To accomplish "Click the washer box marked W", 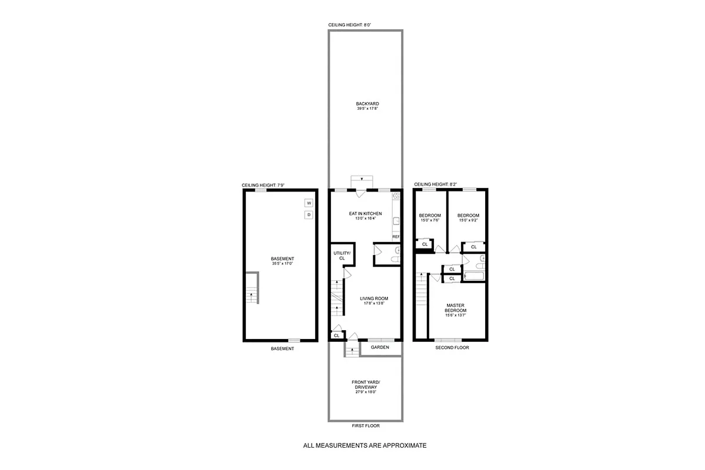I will [309, 203].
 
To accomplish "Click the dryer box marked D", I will [309, 215].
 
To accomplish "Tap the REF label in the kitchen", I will [396, 237].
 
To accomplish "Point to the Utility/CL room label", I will [342, 256].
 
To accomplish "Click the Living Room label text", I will [374, 298].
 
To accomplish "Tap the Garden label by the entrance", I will [380, 347].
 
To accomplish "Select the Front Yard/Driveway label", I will [366, 385].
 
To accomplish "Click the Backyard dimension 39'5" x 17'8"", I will [366, 109].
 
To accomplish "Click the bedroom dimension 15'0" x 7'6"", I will [430, 221].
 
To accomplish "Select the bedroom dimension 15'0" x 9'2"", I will [468, 221].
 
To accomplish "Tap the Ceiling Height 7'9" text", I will [263, 186].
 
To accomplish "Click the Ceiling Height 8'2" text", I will [435, 185].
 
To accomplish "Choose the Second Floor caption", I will [452, 348].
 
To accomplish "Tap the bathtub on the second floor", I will [473, 276].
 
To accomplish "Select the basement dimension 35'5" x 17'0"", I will [282, 264].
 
